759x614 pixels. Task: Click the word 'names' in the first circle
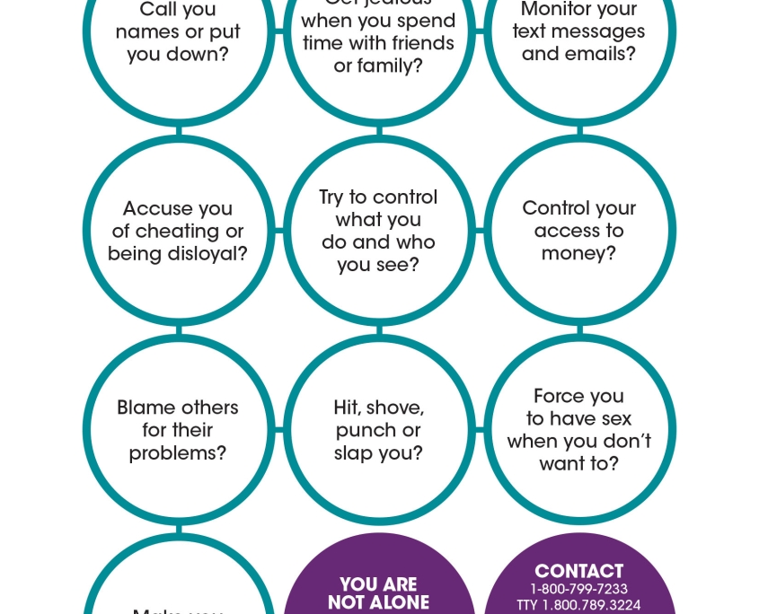tap(147, 32)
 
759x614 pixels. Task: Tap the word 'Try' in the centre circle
tap(331, 197)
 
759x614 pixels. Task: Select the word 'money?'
tap(578, 254)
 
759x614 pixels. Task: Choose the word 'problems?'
tap(178, 453)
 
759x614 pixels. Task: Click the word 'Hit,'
tap(348, 408)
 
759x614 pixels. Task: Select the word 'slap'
tap(353, 453)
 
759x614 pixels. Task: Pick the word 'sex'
tap(615, 419)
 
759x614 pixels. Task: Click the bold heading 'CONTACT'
tap(578, 571)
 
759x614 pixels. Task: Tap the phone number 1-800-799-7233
tap(578, 590)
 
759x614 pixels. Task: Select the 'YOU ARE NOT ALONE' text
tap(378, 593)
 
